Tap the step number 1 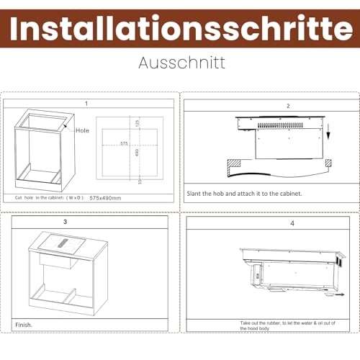[x=86, y=104]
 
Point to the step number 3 [x=66, y=222]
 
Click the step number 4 [x=272, y=224]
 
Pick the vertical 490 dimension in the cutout [x=138, y=153]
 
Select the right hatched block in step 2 [x=328, y=163]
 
